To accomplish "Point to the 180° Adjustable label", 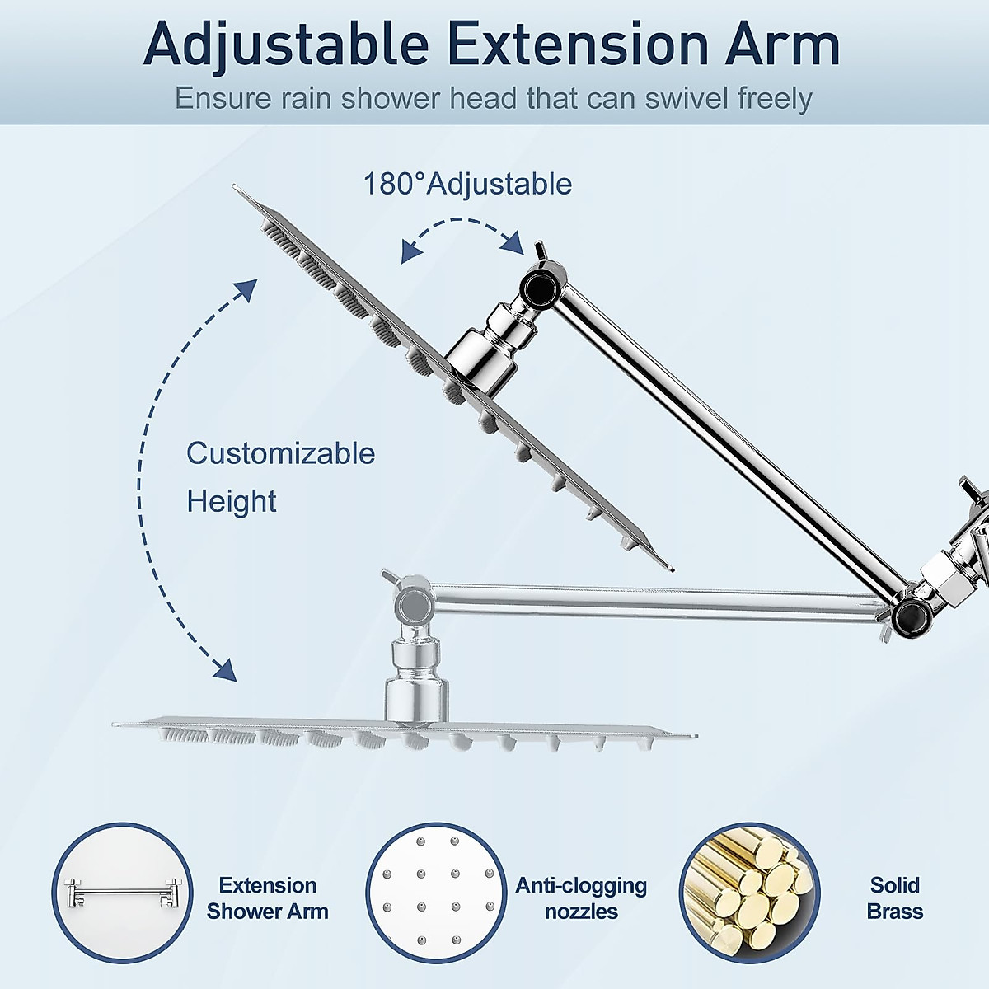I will (x=467, y=184).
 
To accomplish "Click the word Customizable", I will (x=280, y=453).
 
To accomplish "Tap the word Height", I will (x=232, y=501).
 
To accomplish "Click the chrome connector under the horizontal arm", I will (x=416, y=676).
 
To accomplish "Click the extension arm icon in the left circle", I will (x=122, y=893).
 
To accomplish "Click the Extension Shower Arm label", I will (x=268, y=898).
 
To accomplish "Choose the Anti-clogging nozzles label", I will (x=581, y=898).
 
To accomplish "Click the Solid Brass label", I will (x=895, y=898).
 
